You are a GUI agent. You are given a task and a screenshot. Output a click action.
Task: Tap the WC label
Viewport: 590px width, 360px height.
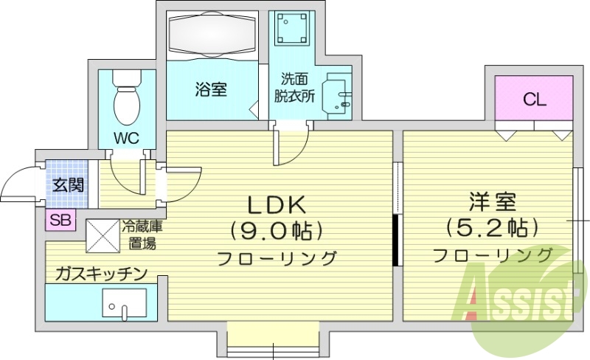pos(126,137)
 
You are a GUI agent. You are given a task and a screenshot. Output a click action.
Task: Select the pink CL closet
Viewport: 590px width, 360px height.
pos(534,100)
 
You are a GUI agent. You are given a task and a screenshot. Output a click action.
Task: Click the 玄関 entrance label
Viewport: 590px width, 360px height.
pos(67,184)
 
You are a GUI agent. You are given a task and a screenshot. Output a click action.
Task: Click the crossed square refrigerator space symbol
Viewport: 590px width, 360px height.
pos(103,235)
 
